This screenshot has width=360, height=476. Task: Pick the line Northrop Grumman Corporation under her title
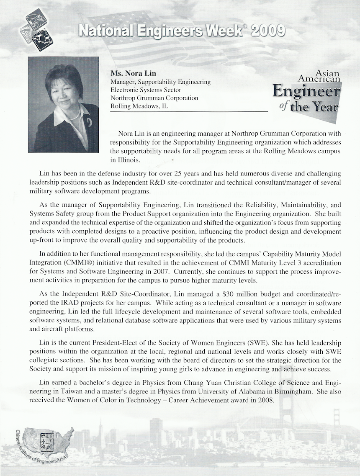(x=154, y=98)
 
